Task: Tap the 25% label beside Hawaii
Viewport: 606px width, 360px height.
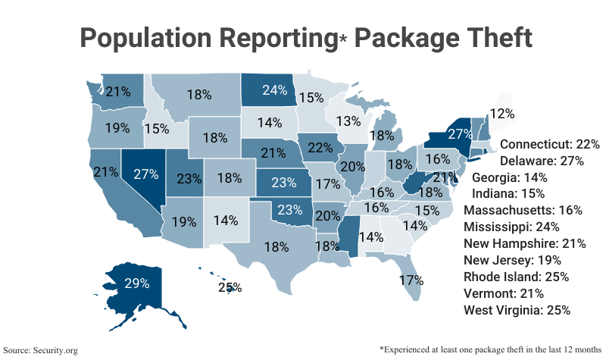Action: [x=230, y=287]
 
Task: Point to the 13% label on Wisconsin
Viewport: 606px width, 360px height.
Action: [x=349, y=121]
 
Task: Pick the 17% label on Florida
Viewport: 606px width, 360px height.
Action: [x=411, y=280]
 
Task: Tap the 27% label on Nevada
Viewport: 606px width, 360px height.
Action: [x=145, y=174]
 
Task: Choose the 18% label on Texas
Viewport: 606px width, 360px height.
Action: [x=276, y=246]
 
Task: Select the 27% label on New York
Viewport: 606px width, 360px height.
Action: [x=459, y=134]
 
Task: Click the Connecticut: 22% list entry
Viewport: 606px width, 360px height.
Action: [x=550, y=143]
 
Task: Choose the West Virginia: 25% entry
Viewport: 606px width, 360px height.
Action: [x=517, y=310]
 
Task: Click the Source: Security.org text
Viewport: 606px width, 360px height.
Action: [x=41, y=350]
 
